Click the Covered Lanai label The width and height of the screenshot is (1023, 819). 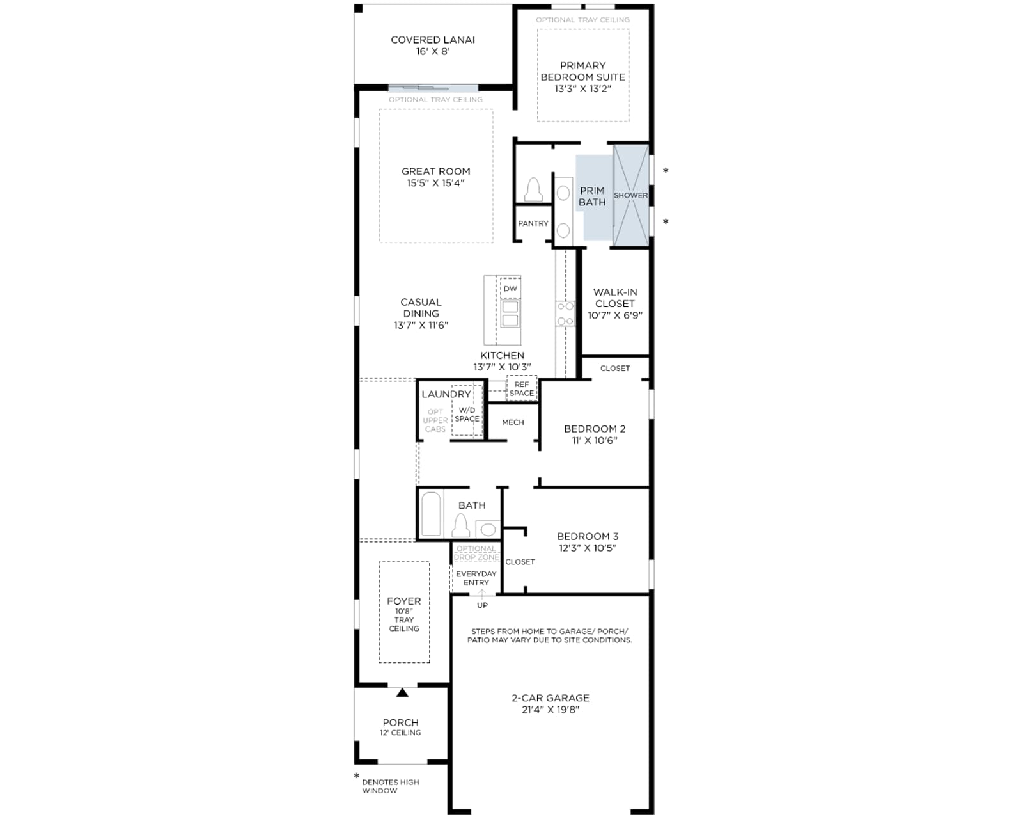click(x=433, y=40)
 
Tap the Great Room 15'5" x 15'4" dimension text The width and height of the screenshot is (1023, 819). click(x=435, y=183)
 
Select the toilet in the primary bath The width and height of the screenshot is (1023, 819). click(x=533, y=190)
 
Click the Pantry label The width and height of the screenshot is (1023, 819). click(x=533, y=223)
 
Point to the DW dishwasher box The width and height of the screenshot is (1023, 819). click(x=511, y=289)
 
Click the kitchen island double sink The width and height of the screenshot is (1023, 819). click(x=510, y=313)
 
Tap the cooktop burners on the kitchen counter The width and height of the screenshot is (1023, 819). click(x=565, y=314)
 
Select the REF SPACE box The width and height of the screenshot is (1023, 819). click(x=522, y=388)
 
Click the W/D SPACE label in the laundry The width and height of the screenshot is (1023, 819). click(x=467, y=415)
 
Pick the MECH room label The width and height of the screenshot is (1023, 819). click(x=513, y=422)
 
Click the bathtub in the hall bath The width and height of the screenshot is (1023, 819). click(x=431, y=514)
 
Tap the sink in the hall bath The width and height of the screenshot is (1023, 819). click(x=488, y=529)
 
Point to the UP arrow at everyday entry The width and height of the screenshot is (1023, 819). click(x=482, y=593)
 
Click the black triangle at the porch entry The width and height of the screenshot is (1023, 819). click(x=402, y=692)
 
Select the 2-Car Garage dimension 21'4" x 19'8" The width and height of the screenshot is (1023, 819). click(x=551, y=710)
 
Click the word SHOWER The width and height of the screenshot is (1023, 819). click(x=630, y=195)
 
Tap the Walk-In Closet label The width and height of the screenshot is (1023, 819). click(x=615, y=298)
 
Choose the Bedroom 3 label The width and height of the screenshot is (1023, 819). click(x=588, y=536)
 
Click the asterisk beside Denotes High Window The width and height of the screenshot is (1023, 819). click(x=357, y=776)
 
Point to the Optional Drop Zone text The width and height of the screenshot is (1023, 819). click(x=476, y=553)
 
